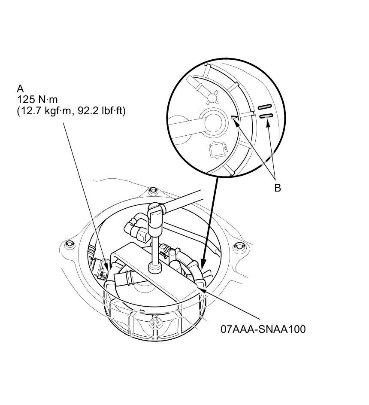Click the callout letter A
click(20, 88)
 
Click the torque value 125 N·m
click(37, 100)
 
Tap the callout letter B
click(278, 188)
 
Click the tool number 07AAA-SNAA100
click(263, 329)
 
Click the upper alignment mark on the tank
click(265, 107)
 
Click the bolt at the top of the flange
click(153, 191)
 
